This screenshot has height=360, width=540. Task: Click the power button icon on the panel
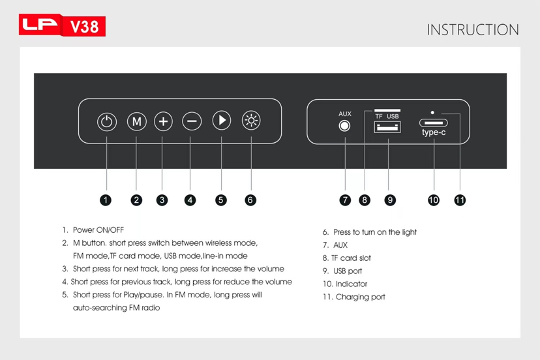coord(107,121)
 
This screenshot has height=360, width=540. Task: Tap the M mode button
coord(137,121)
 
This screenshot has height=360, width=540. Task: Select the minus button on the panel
coord(192,121)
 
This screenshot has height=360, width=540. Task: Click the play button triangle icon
coord(222,120)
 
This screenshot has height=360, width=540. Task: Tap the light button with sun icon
coord(251,120)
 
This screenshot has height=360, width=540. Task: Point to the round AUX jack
coord(344,126)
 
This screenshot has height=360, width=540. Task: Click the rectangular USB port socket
coord(387,127)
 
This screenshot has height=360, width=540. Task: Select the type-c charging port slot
coord(434,123)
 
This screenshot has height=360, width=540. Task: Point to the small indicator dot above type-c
coord(432,113)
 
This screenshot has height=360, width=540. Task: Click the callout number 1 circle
coord(106,200)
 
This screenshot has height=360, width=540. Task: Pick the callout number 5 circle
coord(220,200)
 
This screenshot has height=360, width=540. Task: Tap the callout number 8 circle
coord(365,200)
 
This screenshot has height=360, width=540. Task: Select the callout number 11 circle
coord(460,200)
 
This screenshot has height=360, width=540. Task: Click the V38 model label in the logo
coord(84,27)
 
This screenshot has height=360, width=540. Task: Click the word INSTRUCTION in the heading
coord(473,30)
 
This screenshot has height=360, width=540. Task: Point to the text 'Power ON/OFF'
coord(98,230)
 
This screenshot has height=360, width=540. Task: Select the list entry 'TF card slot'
coord(351,258)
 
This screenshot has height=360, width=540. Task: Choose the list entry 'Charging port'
coord(360,297)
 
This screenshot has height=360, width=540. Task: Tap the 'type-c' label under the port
coord(434,132)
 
